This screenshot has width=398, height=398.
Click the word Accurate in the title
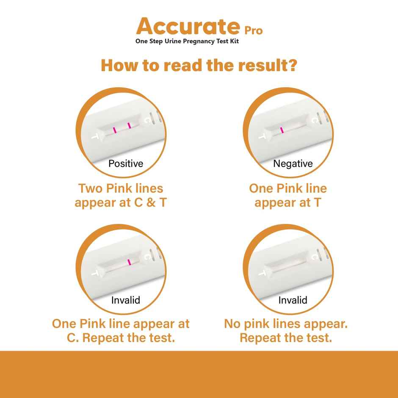[x=188, y=27]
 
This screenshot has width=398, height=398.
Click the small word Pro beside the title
[x=254, y=30]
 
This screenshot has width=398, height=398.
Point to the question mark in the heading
[x=292, y=66]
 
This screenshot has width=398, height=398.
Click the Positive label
[x=126, y=163]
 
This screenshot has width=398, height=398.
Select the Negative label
[x=293, y=163]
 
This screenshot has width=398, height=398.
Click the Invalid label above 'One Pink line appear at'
[x=126, y=300]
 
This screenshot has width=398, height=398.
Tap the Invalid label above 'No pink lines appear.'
[x=293, y=300]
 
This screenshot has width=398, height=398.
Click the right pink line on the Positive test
[x=129, y=125]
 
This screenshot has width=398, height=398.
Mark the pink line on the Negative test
[x=281, y=130]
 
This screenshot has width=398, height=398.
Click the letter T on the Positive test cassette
[x=97, y=136]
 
